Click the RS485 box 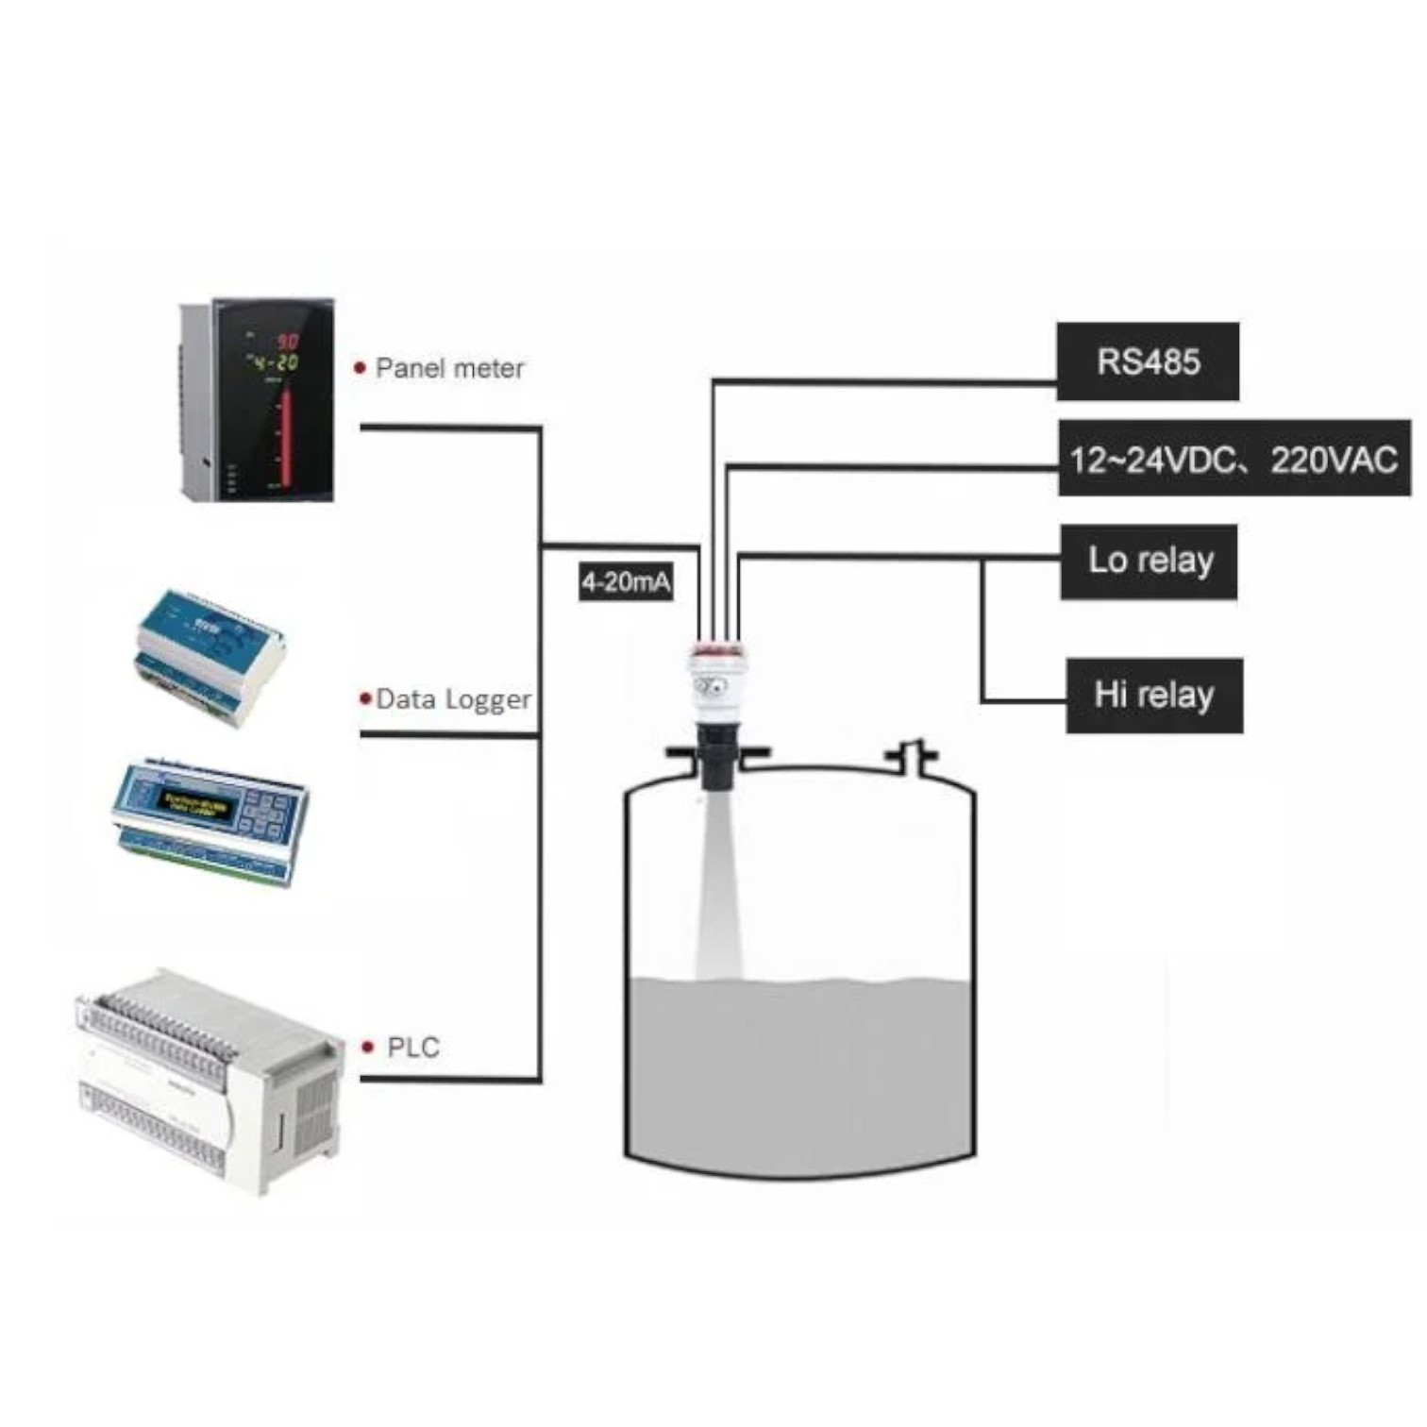click(x=1147, y=361)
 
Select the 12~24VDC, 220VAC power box click(x=1234, y=459)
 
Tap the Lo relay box click(x=1149, y=561)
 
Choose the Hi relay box click(x=1153, y=696)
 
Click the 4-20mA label click(x=626, y=580)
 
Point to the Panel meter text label click(x=449, y=368)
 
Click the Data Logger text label click(x=453, y=699)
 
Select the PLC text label click(x=413, y=1048)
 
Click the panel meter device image click(x=257, y=400)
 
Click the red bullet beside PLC click(x=368, y=1047)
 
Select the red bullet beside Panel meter click(x=360, y=368)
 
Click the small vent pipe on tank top click(x=910, y=754)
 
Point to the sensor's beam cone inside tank click(x=718, y=887)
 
